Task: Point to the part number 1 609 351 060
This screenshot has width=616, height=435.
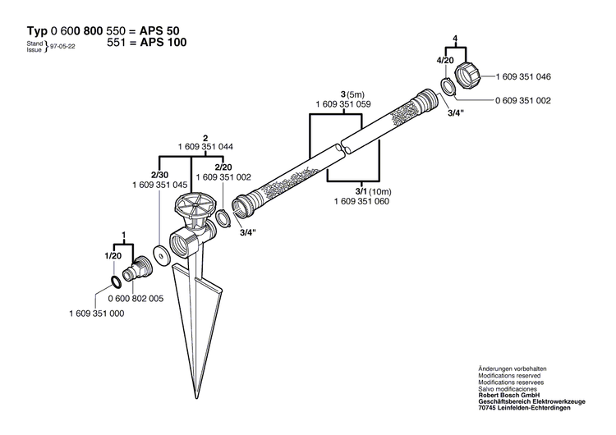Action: point(361,200)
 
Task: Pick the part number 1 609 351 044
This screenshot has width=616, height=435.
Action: point(205,146)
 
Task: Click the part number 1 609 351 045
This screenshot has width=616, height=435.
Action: point(159,185)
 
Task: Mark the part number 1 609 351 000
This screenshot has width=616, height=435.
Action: point(95,313)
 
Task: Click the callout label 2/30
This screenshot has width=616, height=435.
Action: point(159,175)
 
